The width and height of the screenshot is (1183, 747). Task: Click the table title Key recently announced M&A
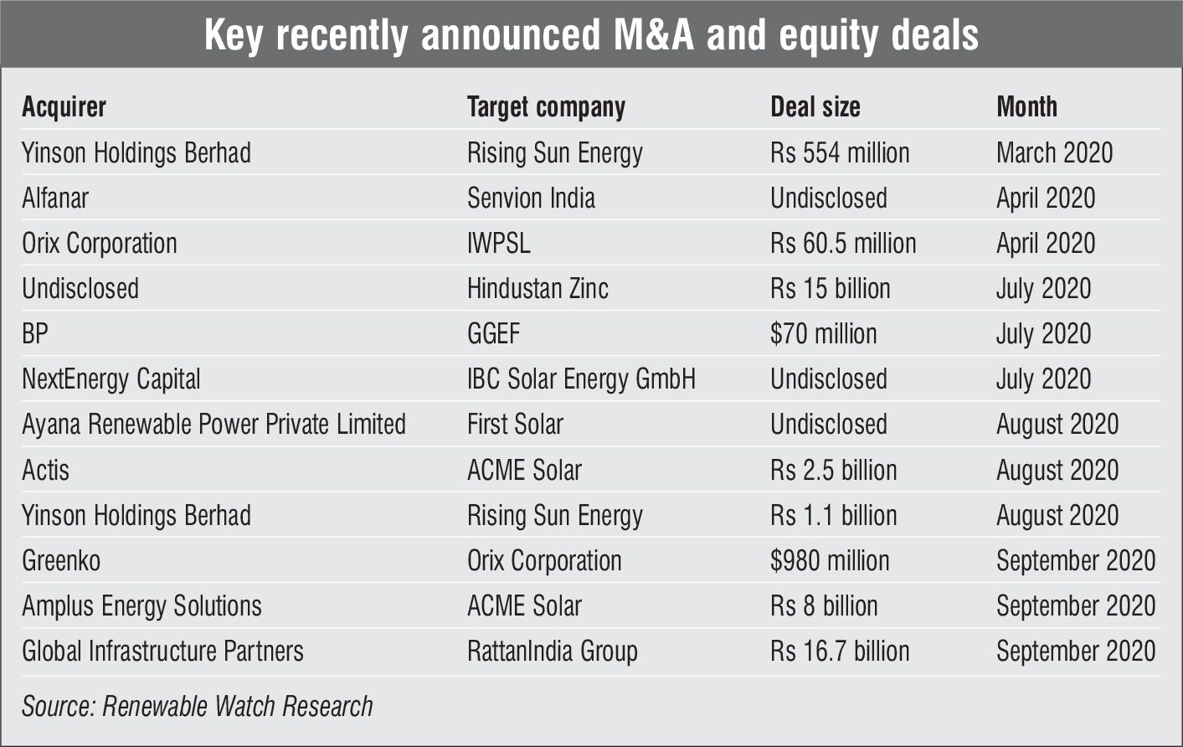591,35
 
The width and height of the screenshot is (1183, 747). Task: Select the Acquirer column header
64,107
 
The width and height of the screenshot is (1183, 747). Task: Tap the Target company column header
546,107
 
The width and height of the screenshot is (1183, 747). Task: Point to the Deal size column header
815,107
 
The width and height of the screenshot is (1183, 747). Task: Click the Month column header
1026,107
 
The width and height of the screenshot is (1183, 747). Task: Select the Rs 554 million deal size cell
840,153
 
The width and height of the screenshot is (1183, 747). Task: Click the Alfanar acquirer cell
55,198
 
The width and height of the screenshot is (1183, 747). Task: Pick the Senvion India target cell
531,198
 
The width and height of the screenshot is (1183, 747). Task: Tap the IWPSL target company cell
499,244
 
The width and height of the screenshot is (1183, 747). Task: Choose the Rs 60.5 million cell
843,244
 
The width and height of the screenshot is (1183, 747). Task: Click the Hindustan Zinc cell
537,289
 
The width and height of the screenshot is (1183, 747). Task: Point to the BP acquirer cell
35,334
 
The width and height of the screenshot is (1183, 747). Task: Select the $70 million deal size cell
823,334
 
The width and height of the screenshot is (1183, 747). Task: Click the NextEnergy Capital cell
111,379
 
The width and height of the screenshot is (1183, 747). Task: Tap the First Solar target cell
515,425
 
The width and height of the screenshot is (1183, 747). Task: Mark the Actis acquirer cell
45,470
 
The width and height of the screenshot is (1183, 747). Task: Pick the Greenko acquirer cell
61,560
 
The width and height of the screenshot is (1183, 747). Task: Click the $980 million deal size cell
830,560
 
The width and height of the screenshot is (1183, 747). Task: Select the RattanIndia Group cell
553,651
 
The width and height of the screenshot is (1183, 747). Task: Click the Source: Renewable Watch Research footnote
198,706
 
